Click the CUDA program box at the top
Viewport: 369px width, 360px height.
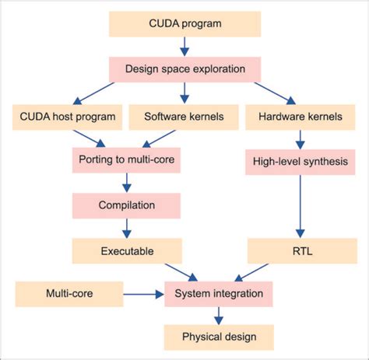tap(184, 23)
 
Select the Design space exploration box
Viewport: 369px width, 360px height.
tap(184, 68)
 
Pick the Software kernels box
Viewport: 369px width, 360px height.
tap(184, 117)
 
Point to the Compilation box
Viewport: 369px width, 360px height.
tap(126, 205)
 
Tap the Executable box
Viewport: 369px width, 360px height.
tap(126, 250)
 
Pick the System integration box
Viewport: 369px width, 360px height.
tap(219, 295)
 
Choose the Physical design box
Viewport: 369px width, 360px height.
tap(219, 337)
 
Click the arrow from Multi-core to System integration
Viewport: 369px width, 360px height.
tap(144, 295)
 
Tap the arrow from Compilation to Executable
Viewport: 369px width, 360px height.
tap(126, 228)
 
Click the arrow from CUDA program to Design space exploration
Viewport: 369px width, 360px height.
tap(184, 46)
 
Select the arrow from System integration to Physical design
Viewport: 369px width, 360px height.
tap(219, 316)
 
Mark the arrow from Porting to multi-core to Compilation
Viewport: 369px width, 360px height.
tap(126, 183)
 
